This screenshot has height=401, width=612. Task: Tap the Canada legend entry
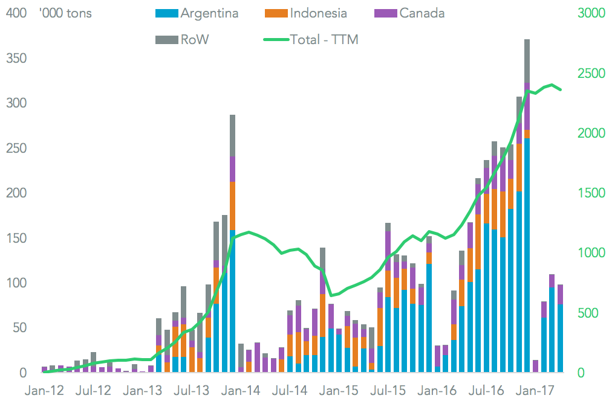(422, 13)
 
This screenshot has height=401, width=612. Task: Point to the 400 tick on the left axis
(12, 13)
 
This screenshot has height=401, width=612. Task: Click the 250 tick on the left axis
(12, 148)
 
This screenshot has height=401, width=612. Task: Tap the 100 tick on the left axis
(12, 283)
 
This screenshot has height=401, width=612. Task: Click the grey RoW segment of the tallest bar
(527, 60)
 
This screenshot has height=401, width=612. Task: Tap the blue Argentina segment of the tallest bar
(527, 254)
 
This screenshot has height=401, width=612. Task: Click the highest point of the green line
(552, 85)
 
